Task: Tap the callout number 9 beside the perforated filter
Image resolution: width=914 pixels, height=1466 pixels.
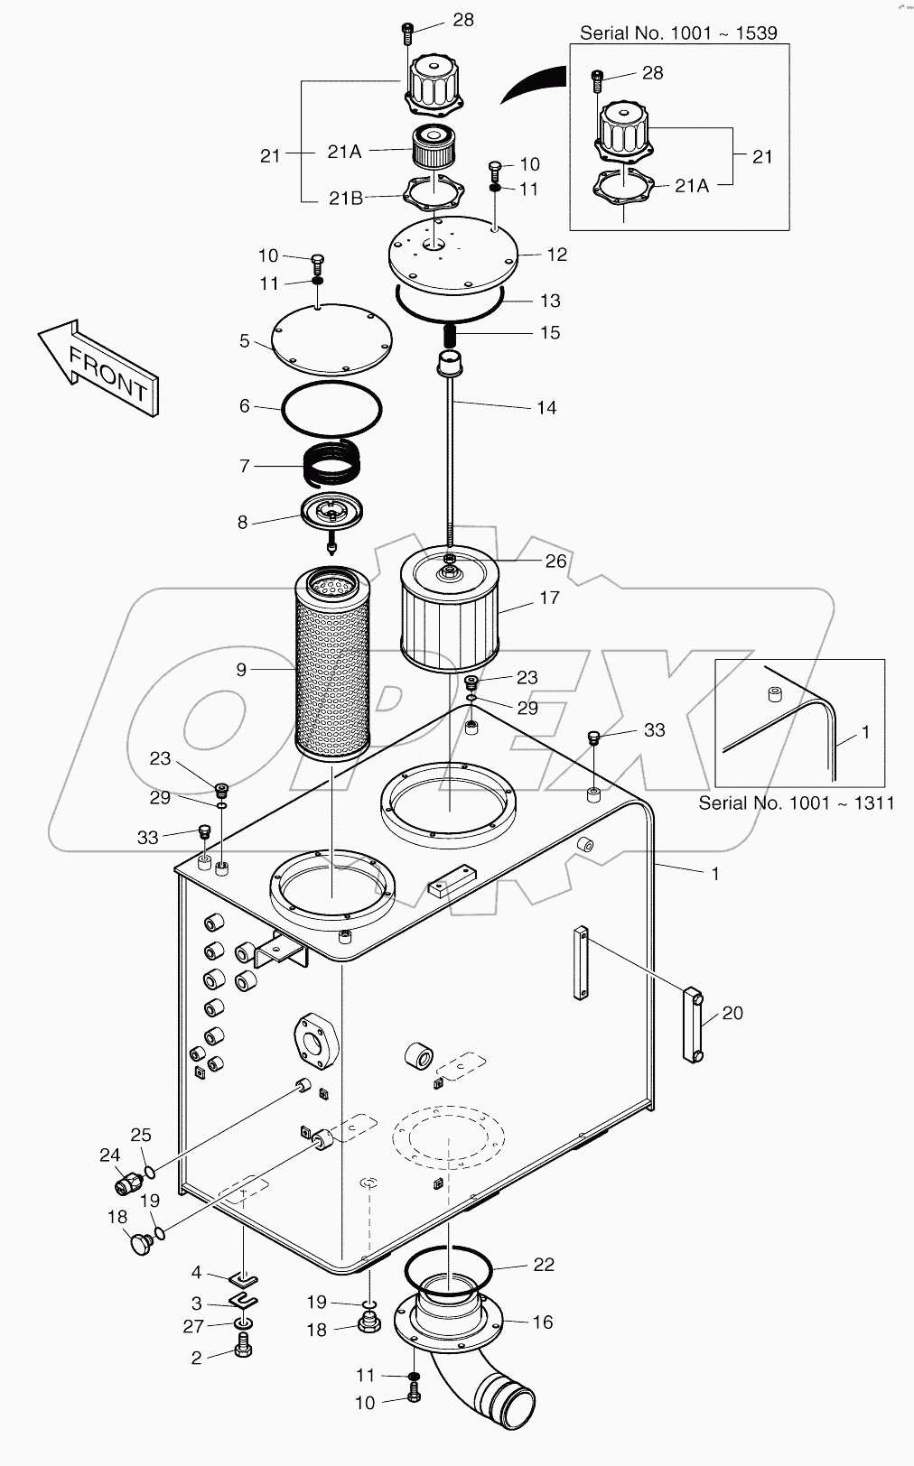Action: [241, 669]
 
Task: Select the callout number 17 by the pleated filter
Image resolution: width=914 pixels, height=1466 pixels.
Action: [549, 598]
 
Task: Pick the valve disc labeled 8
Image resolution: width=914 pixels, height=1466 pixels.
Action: [331, 515]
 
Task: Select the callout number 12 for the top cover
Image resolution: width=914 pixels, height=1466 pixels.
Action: [557, 255]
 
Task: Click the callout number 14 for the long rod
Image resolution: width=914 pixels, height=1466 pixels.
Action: [546, 407]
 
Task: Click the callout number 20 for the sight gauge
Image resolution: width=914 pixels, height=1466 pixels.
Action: [732, 1013]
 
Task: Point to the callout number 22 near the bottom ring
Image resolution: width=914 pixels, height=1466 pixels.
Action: [544, 1265]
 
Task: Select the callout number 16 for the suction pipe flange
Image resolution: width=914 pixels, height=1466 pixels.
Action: [542, 1322]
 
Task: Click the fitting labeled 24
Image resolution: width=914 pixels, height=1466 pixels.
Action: [129, 1181]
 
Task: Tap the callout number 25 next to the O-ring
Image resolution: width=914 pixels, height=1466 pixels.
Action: [140, 1135]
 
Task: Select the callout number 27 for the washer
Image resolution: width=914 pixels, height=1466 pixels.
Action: [193, 1326]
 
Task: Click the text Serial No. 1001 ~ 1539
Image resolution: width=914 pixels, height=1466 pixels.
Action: [678, 33]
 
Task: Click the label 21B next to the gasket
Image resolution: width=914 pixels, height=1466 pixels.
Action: [345, 199]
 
